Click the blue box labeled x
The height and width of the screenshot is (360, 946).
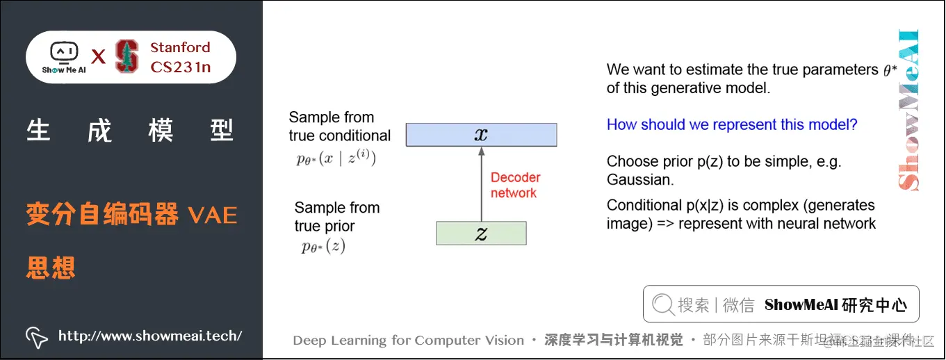481,134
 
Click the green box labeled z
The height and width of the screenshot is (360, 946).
481,234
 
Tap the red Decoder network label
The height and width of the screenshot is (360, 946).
515,186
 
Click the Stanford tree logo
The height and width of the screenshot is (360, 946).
127,57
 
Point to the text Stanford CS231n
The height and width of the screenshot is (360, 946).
180,57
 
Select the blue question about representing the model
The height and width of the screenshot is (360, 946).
732,125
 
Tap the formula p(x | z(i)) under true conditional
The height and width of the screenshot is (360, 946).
336,158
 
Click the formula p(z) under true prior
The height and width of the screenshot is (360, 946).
323,246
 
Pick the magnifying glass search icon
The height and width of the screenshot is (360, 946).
663,304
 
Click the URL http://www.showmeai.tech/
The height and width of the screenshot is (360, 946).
150,336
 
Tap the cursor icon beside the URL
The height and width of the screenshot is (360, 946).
36,337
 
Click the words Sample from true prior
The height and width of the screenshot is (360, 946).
336,217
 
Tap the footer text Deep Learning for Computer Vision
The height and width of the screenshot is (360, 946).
408,341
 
